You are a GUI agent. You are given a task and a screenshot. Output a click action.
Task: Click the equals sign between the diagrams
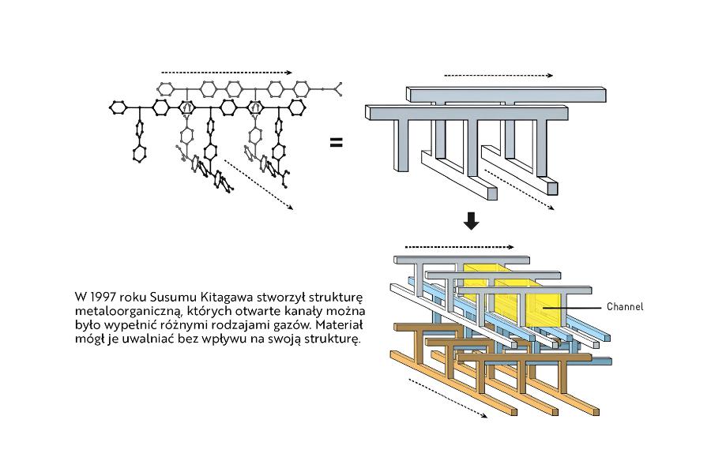click(x=336, y=143)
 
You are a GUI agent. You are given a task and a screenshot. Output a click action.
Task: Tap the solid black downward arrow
click(x=472, y=220)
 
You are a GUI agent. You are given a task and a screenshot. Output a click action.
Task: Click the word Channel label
click(x=625, y=306)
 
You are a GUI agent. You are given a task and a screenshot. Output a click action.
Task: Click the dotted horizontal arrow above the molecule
click(x=226, y=71)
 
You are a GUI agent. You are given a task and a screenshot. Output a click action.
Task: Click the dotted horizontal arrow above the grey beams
click(x=498, y=76)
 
